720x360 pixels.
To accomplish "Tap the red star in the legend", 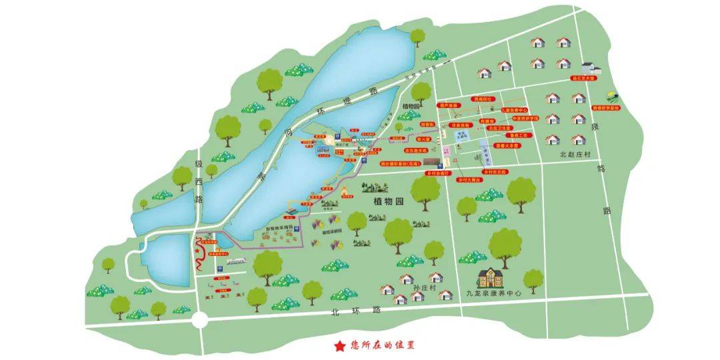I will point(340,345).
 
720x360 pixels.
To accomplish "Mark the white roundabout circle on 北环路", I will point(199,321).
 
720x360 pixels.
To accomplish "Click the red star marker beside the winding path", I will point(197,251).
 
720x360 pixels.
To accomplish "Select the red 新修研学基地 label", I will point(605,107).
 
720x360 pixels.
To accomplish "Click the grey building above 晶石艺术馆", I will point(590,67).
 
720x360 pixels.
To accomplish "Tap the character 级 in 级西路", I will point(198,164).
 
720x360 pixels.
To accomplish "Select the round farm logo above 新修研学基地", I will point(611,96).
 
